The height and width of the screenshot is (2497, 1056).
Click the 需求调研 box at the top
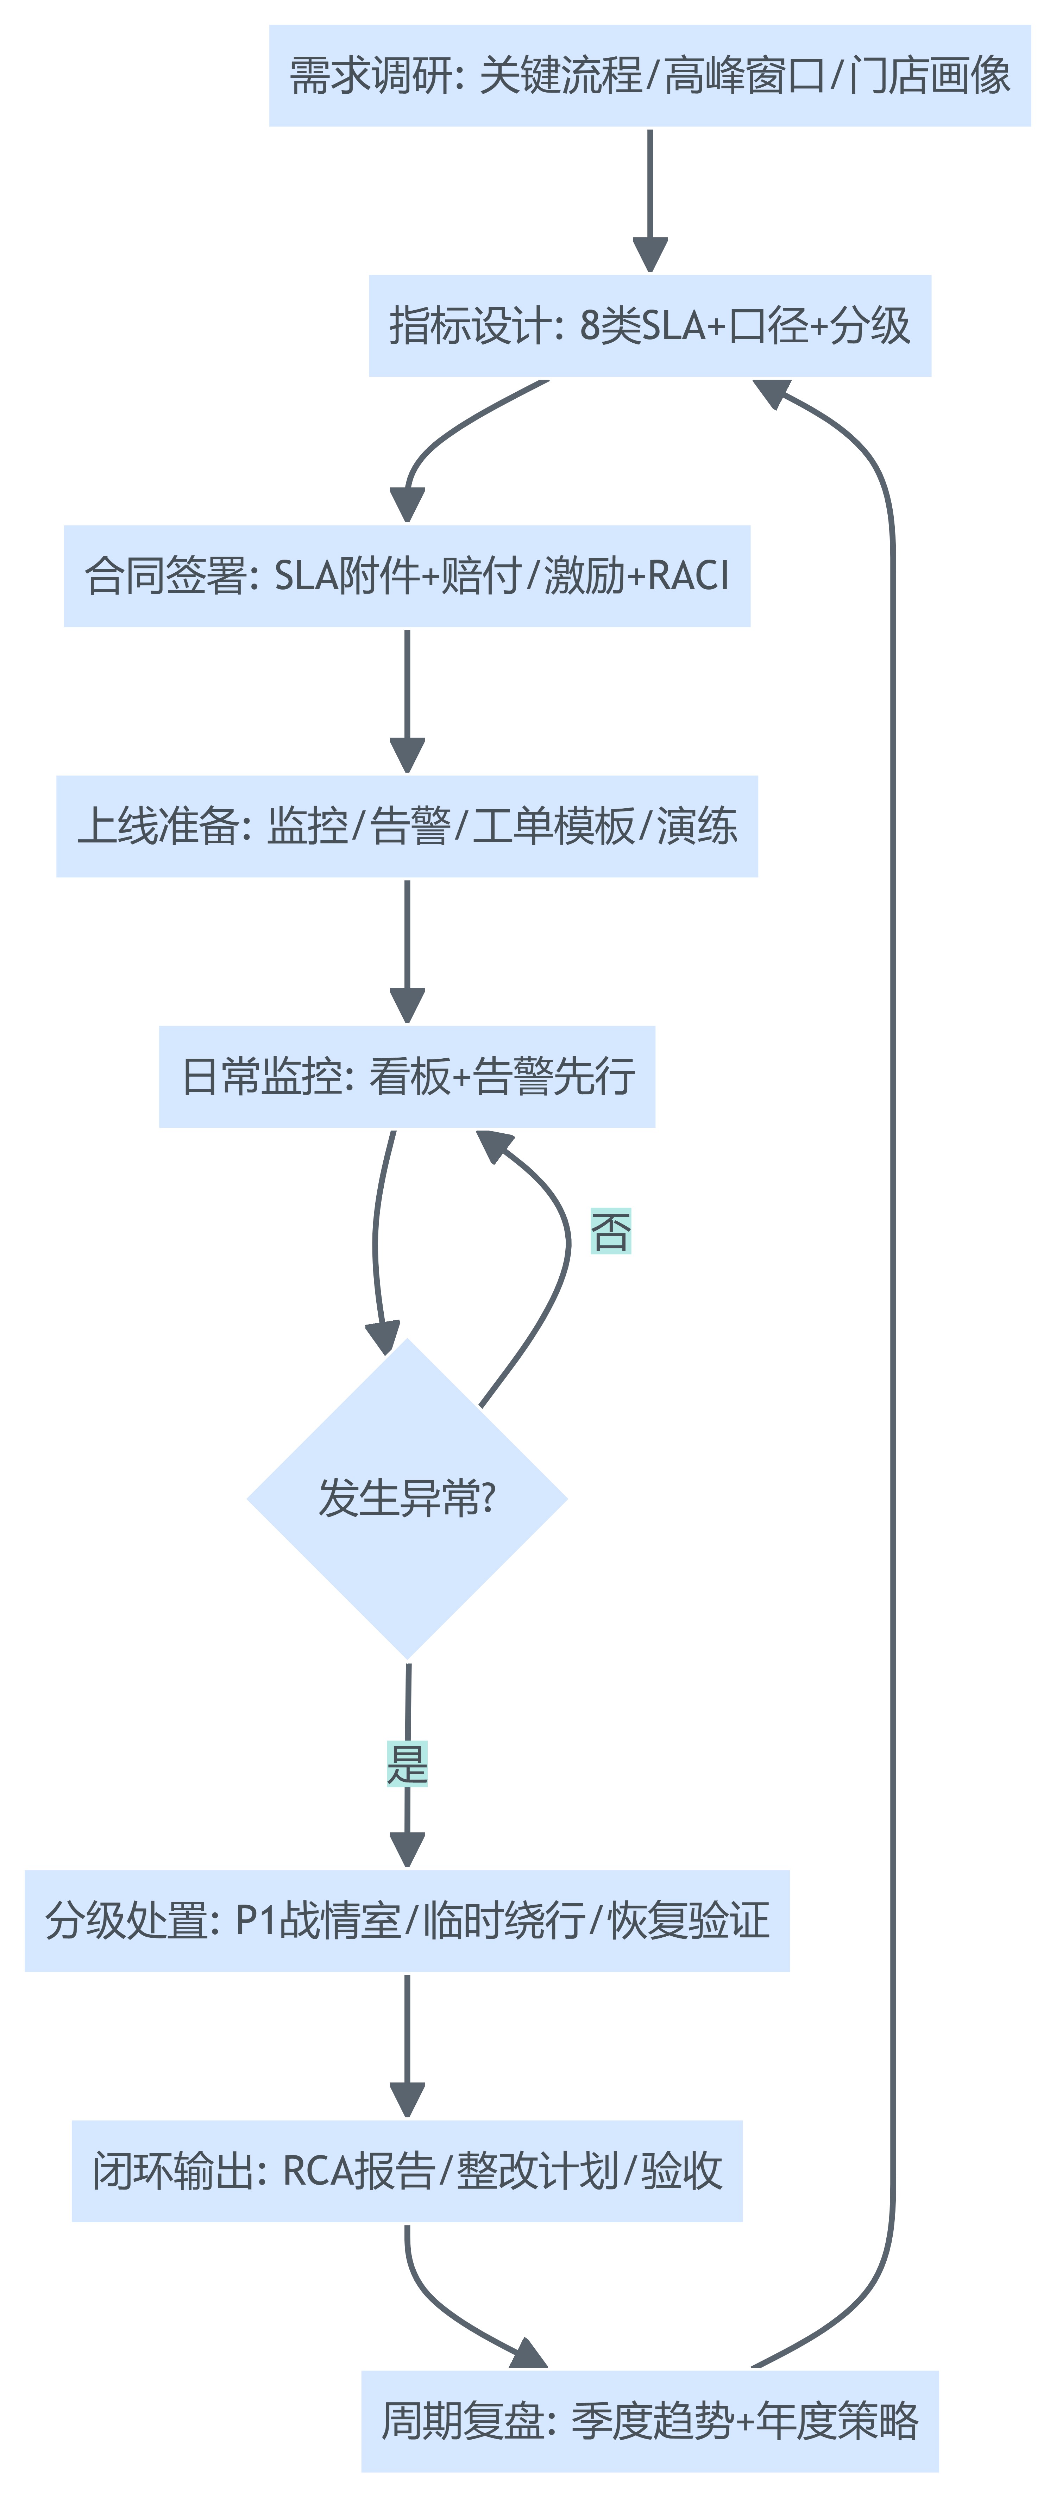[649, 76]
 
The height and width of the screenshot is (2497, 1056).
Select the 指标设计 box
[649, 326]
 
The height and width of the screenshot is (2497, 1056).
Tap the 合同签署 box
[407, 576]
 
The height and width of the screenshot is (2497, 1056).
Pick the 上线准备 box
[407, 826]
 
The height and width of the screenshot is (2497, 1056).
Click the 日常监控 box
[407, 1076]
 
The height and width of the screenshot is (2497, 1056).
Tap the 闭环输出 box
[407, 2171]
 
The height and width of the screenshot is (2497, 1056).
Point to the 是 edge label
[407, 1763]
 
